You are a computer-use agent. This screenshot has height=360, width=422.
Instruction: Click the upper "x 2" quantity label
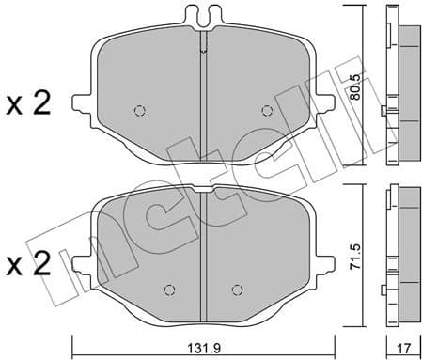tap(28, 105)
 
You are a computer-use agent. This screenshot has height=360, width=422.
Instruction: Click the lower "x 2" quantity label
tap(28, 264)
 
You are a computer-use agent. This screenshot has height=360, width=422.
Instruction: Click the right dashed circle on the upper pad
tap(267, 110)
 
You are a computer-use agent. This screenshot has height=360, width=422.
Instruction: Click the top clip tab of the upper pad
tap(204, 16)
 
